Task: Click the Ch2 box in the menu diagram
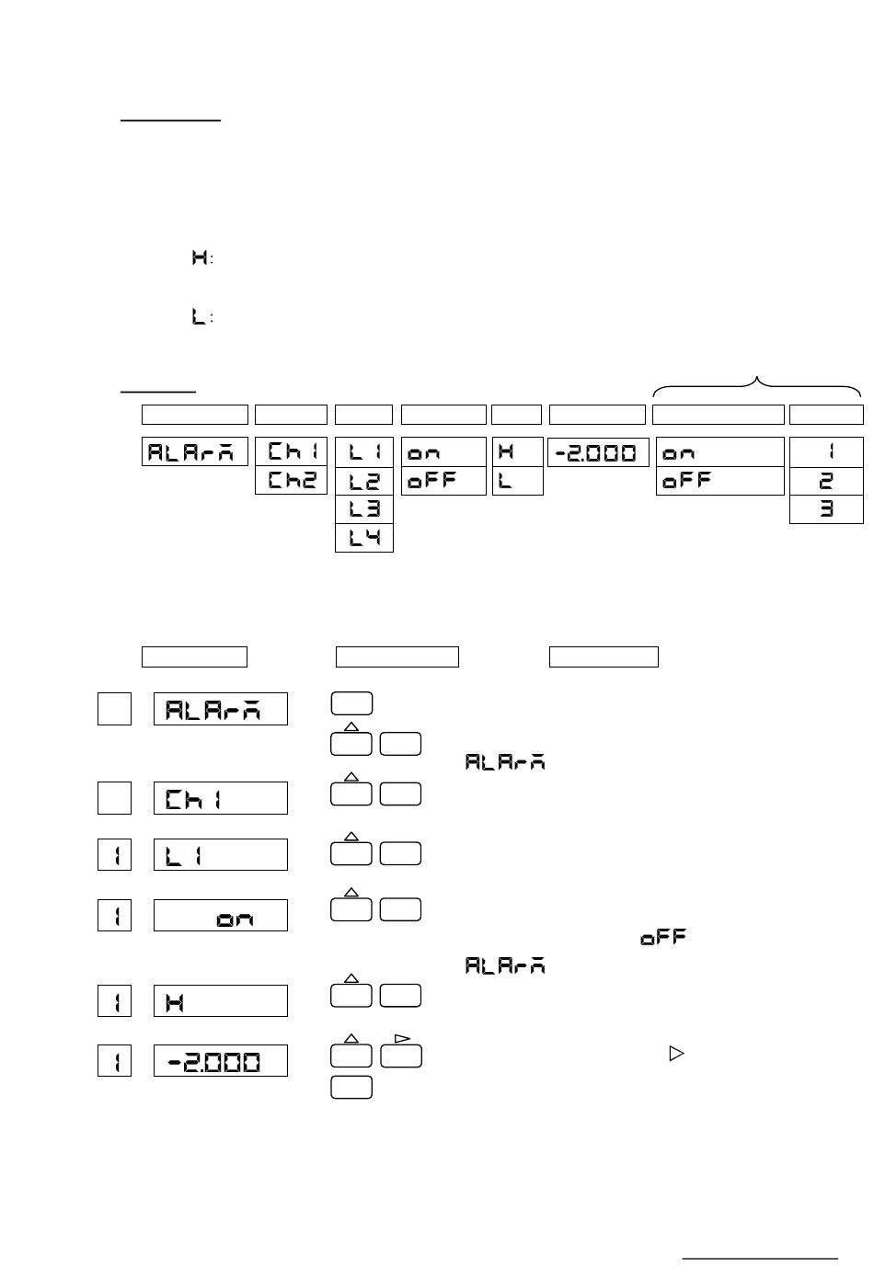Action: pos(291,481)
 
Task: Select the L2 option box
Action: pos(364,481)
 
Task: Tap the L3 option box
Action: pos(364,509)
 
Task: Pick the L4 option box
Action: pos(364,538)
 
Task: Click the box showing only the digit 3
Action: pos(826,509)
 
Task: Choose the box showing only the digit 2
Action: pos(826,481)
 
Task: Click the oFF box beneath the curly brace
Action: pos(719,481)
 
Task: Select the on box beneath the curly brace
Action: pos(719,452)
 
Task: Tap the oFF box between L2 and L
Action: pos(443,481)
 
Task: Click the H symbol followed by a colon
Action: pos(201,258)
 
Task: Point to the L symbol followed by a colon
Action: pos(201,317)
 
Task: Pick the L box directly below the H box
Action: pos(517,481)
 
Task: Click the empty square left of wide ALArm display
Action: pos(114,709)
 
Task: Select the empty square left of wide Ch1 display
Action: pos(114,798)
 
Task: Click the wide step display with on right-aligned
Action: pos(221,916)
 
